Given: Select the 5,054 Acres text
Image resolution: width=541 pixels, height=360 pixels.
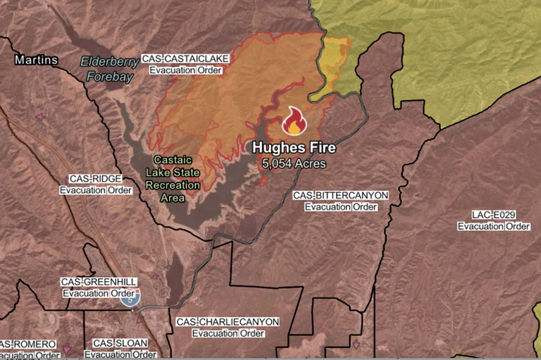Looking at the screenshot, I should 294,163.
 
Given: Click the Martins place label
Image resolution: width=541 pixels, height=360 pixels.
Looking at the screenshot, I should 37,61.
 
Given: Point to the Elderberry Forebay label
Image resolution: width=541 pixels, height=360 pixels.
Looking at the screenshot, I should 106,68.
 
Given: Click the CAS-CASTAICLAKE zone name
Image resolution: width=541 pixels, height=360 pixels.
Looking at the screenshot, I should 181,59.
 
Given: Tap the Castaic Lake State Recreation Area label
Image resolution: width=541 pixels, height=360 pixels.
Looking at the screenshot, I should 172,179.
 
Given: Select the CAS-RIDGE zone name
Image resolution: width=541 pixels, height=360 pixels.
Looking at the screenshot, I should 96,179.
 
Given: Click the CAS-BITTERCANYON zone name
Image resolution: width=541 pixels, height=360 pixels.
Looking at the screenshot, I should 340,195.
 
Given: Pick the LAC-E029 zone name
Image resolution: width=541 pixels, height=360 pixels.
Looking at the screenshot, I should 493,215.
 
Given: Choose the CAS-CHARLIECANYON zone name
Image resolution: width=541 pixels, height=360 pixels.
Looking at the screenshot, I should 228,322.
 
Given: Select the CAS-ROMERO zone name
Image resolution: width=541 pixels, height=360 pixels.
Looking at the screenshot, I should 28,344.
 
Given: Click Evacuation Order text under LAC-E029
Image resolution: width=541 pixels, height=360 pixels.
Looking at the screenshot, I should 493,226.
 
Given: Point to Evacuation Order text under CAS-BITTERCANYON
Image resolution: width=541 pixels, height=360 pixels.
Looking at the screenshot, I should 340,207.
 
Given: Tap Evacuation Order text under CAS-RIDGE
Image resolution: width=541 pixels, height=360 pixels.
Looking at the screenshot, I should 96,190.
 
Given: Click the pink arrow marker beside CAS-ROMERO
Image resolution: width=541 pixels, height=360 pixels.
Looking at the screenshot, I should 68,348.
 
